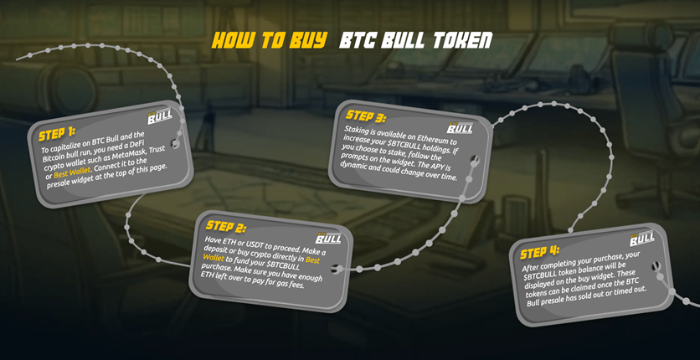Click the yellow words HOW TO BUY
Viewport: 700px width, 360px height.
(269, 40)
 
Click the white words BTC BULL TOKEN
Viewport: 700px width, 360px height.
(415, 40)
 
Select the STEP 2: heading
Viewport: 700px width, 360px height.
(225, 227)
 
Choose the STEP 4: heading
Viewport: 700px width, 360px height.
(539, 253)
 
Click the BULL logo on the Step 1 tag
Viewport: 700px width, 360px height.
(160, 117)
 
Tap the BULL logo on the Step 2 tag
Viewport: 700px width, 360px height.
(328, 237)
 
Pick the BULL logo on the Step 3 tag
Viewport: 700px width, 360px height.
(460, 126)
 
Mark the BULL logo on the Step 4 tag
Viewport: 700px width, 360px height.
(642, 239)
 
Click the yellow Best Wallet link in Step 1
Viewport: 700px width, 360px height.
(72, 172)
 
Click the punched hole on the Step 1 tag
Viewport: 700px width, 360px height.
(176, 144)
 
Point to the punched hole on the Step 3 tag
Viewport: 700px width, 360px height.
(475, 159)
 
